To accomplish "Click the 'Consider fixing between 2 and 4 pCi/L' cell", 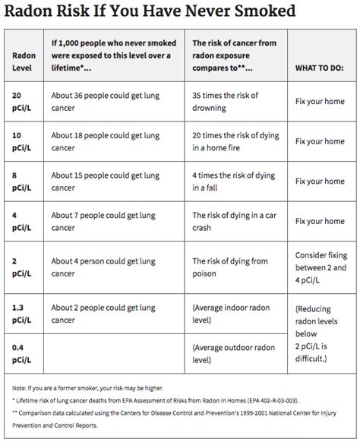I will point(321,267).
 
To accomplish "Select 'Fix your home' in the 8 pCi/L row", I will point(321,182).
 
